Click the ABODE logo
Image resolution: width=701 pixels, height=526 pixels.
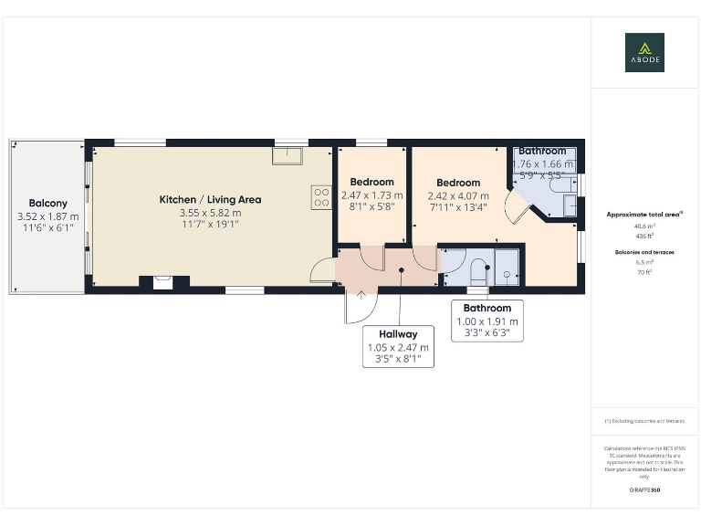644,52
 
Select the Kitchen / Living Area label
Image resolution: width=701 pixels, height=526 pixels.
210,199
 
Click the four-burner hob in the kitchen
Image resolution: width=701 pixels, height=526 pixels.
321,197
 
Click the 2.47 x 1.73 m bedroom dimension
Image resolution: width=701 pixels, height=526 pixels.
371,195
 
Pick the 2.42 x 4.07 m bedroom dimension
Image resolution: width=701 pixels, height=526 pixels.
457,195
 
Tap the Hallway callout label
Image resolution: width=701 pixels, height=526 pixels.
399,335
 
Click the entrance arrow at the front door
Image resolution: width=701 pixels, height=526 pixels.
361,295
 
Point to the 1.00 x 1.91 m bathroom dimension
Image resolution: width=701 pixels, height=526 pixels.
488,321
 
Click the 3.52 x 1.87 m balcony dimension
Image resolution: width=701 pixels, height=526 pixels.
47,216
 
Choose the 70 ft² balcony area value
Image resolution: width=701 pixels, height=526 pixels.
644,272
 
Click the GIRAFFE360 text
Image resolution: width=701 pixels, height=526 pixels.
644,490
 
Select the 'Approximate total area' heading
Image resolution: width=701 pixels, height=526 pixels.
644,215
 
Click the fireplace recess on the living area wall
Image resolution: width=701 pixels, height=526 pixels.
162,282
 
